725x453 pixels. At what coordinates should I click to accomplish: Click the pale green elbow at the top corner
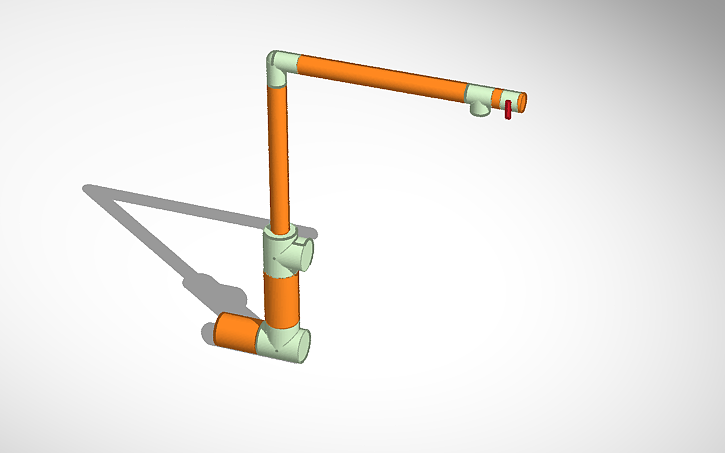[x=280, y=68]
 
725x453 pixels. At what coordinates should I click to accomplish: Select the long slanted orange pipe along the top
[x=380, y=78]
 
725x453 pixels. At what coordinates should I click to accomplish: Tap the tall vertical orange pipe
[x=279, y=160]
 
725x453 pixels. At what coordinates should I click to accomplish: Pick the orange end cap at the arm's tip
[x=521, y=101]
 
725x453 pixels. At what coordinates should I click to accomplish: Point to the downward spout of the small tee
[x=482, y=109]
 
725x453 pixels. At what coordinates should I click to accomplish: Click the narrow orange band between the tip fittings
[x=497, y=96]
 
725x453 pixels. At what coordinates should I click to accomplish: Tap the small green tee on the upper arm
[x=479, y=98]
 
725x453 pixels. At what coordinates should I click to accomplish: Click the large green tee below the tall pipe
[x=282, y=254]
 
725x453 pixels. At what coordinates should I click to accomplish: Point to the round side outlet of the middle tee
[x=305, y=254]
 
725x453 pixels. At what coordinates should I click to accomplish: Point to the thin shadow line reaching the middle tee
[x=190, y=208]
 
